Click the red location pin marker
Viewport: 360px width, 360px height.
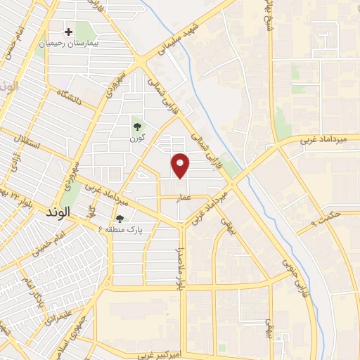(x=181, y=165)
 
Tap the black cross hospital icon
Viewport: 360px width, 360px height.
(x=69, y=32)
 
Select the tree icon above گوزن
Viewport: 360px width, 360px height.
(x=137, y=126)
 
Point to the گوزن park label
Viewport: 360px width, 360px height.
(x=137, y=137)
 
